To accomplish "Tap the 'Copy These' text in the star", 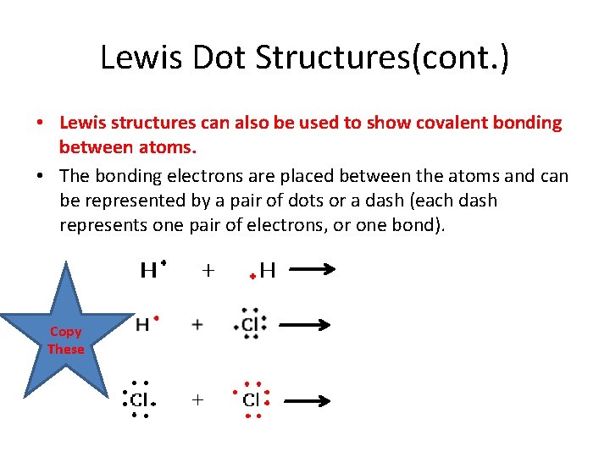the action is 66,340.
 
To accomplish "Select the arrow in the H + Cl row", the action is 304,324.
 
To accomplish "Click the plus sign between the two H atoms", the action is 208,270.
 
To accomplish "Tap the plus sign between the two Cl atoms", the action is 197,399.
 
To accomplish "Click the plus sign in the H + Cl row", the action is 197,324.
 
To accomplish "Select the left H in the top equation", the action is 148,270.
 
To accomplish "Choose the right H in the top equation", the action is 267,270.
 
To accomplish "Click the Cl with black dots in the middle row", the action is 249,324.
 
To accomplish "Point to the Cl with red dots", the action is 252,399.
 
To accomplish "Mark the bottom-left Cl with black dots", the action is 139,399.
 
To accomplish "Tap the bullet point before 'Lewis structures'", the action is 41,124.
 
